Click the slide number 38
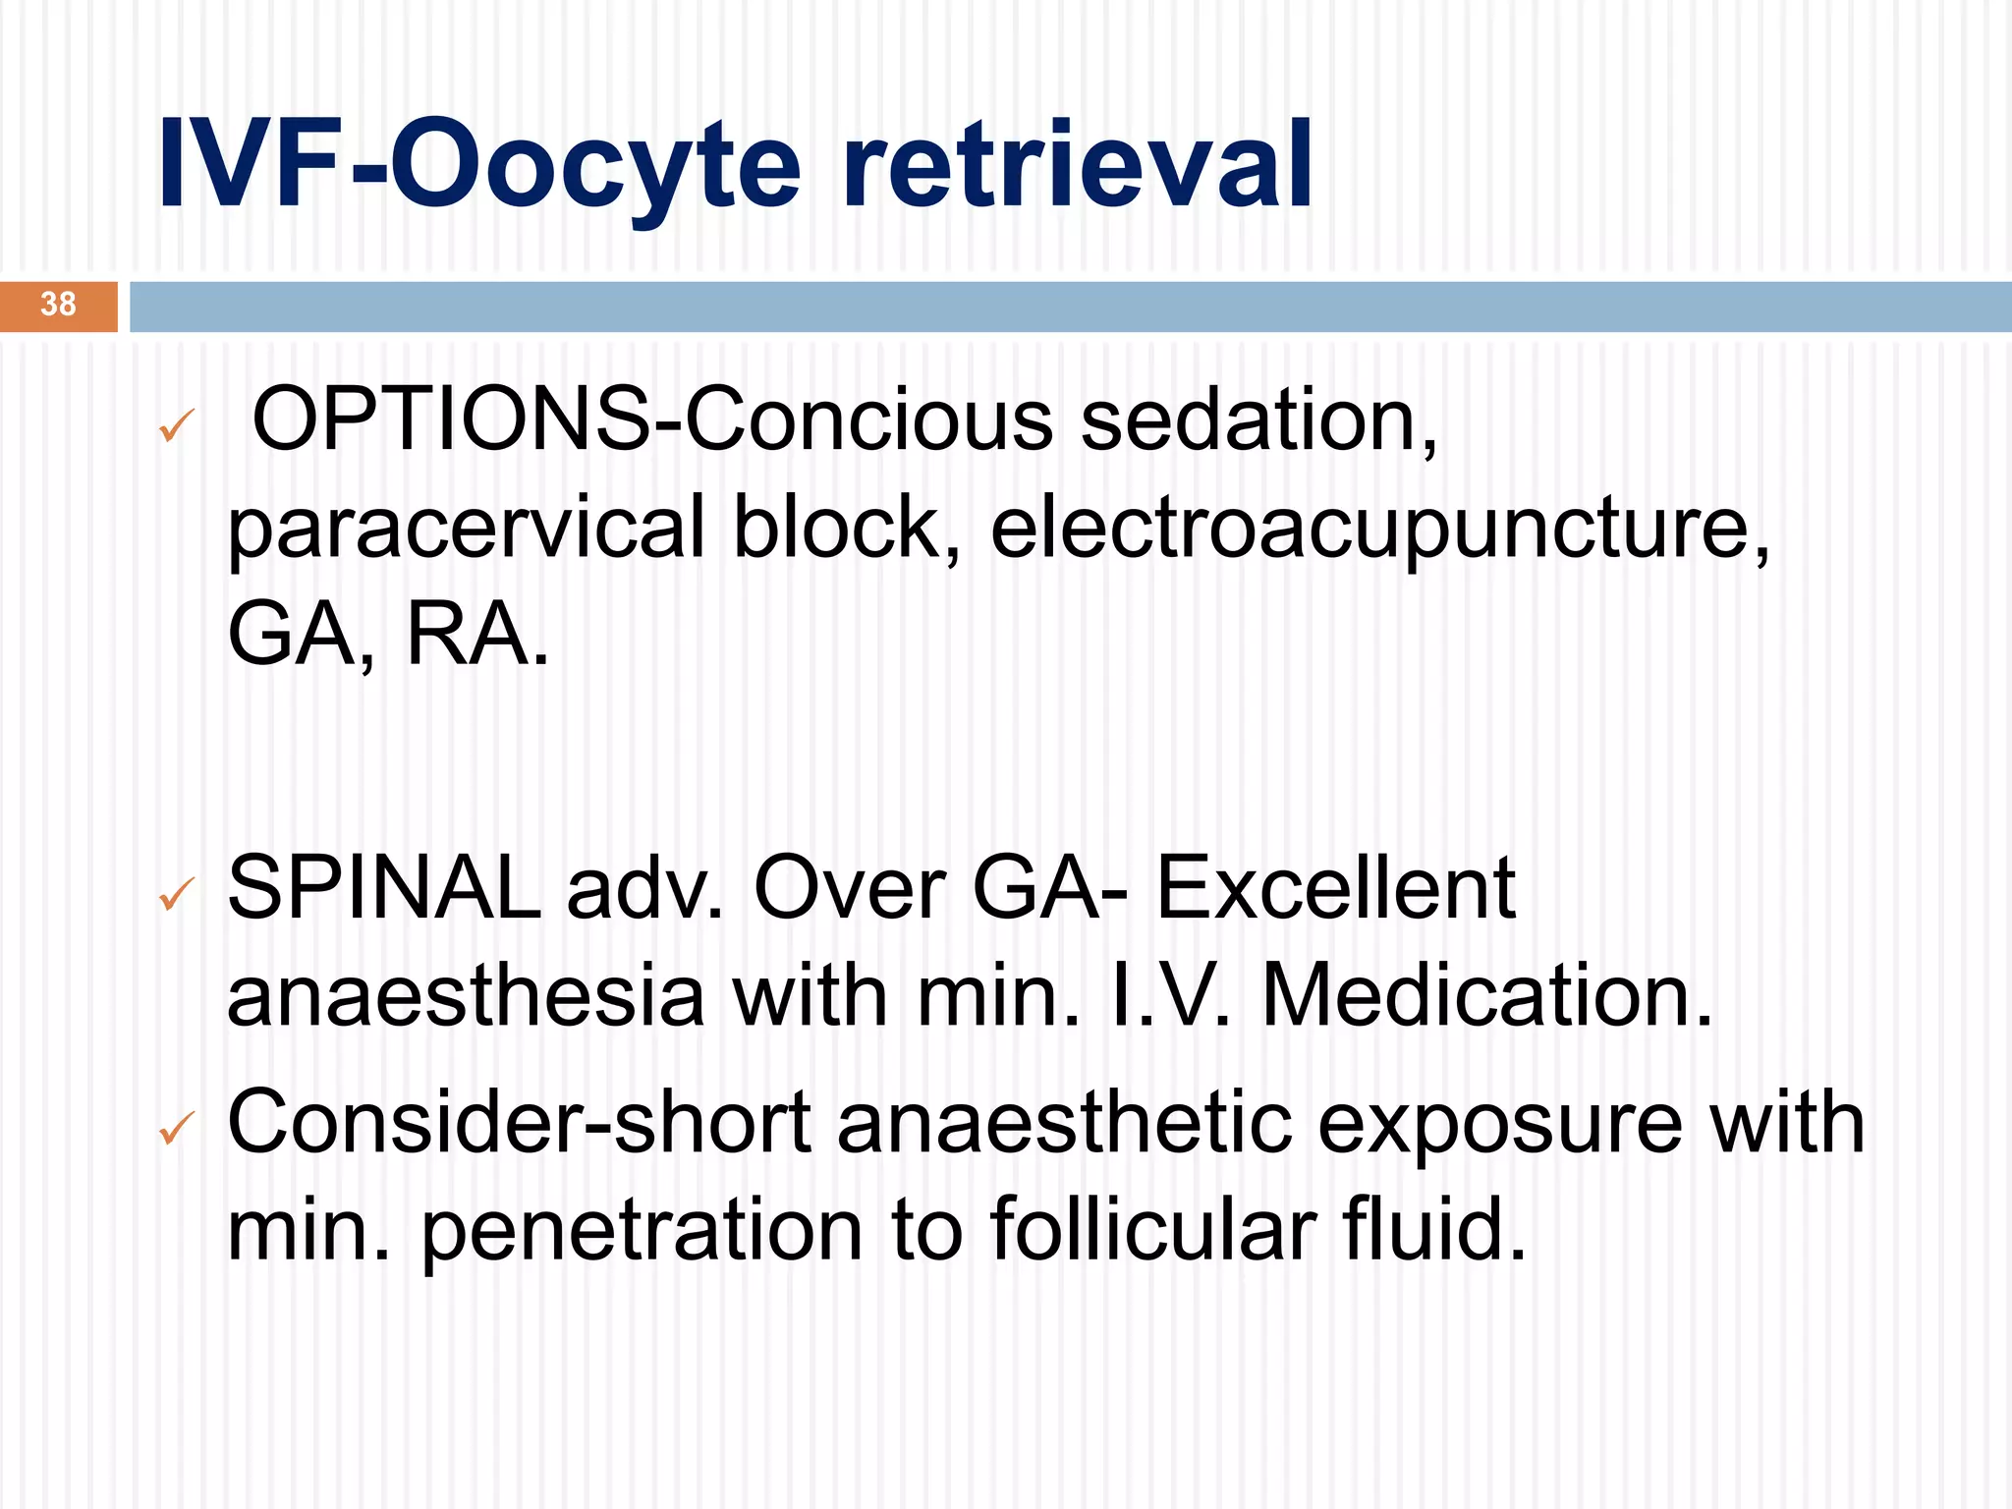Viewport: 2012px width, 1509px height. [x=58, y=305]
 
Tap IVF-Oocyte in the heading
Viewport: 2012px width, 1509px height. [x=479, y=165]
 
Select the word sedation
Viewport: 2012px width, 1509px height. [x=1258, y=420]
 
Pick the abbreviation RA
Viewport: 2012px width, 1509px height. [x=476, y=635]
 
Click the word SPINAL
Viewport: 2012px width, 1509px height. [x=384, y=888]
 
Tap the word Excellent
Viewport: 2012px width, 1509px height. [x=1335, y=888]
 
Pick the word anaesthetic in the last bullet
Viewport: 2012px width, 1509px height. [x=1065, y=1124]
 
